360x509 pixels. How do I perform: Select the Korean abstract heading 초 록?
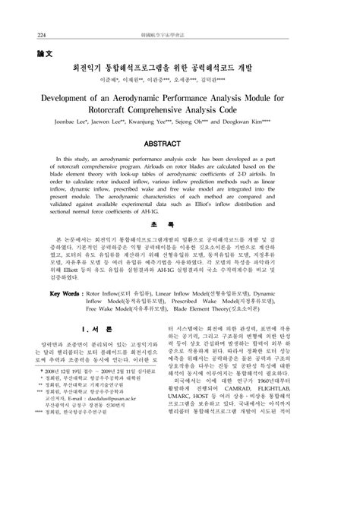181,247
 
